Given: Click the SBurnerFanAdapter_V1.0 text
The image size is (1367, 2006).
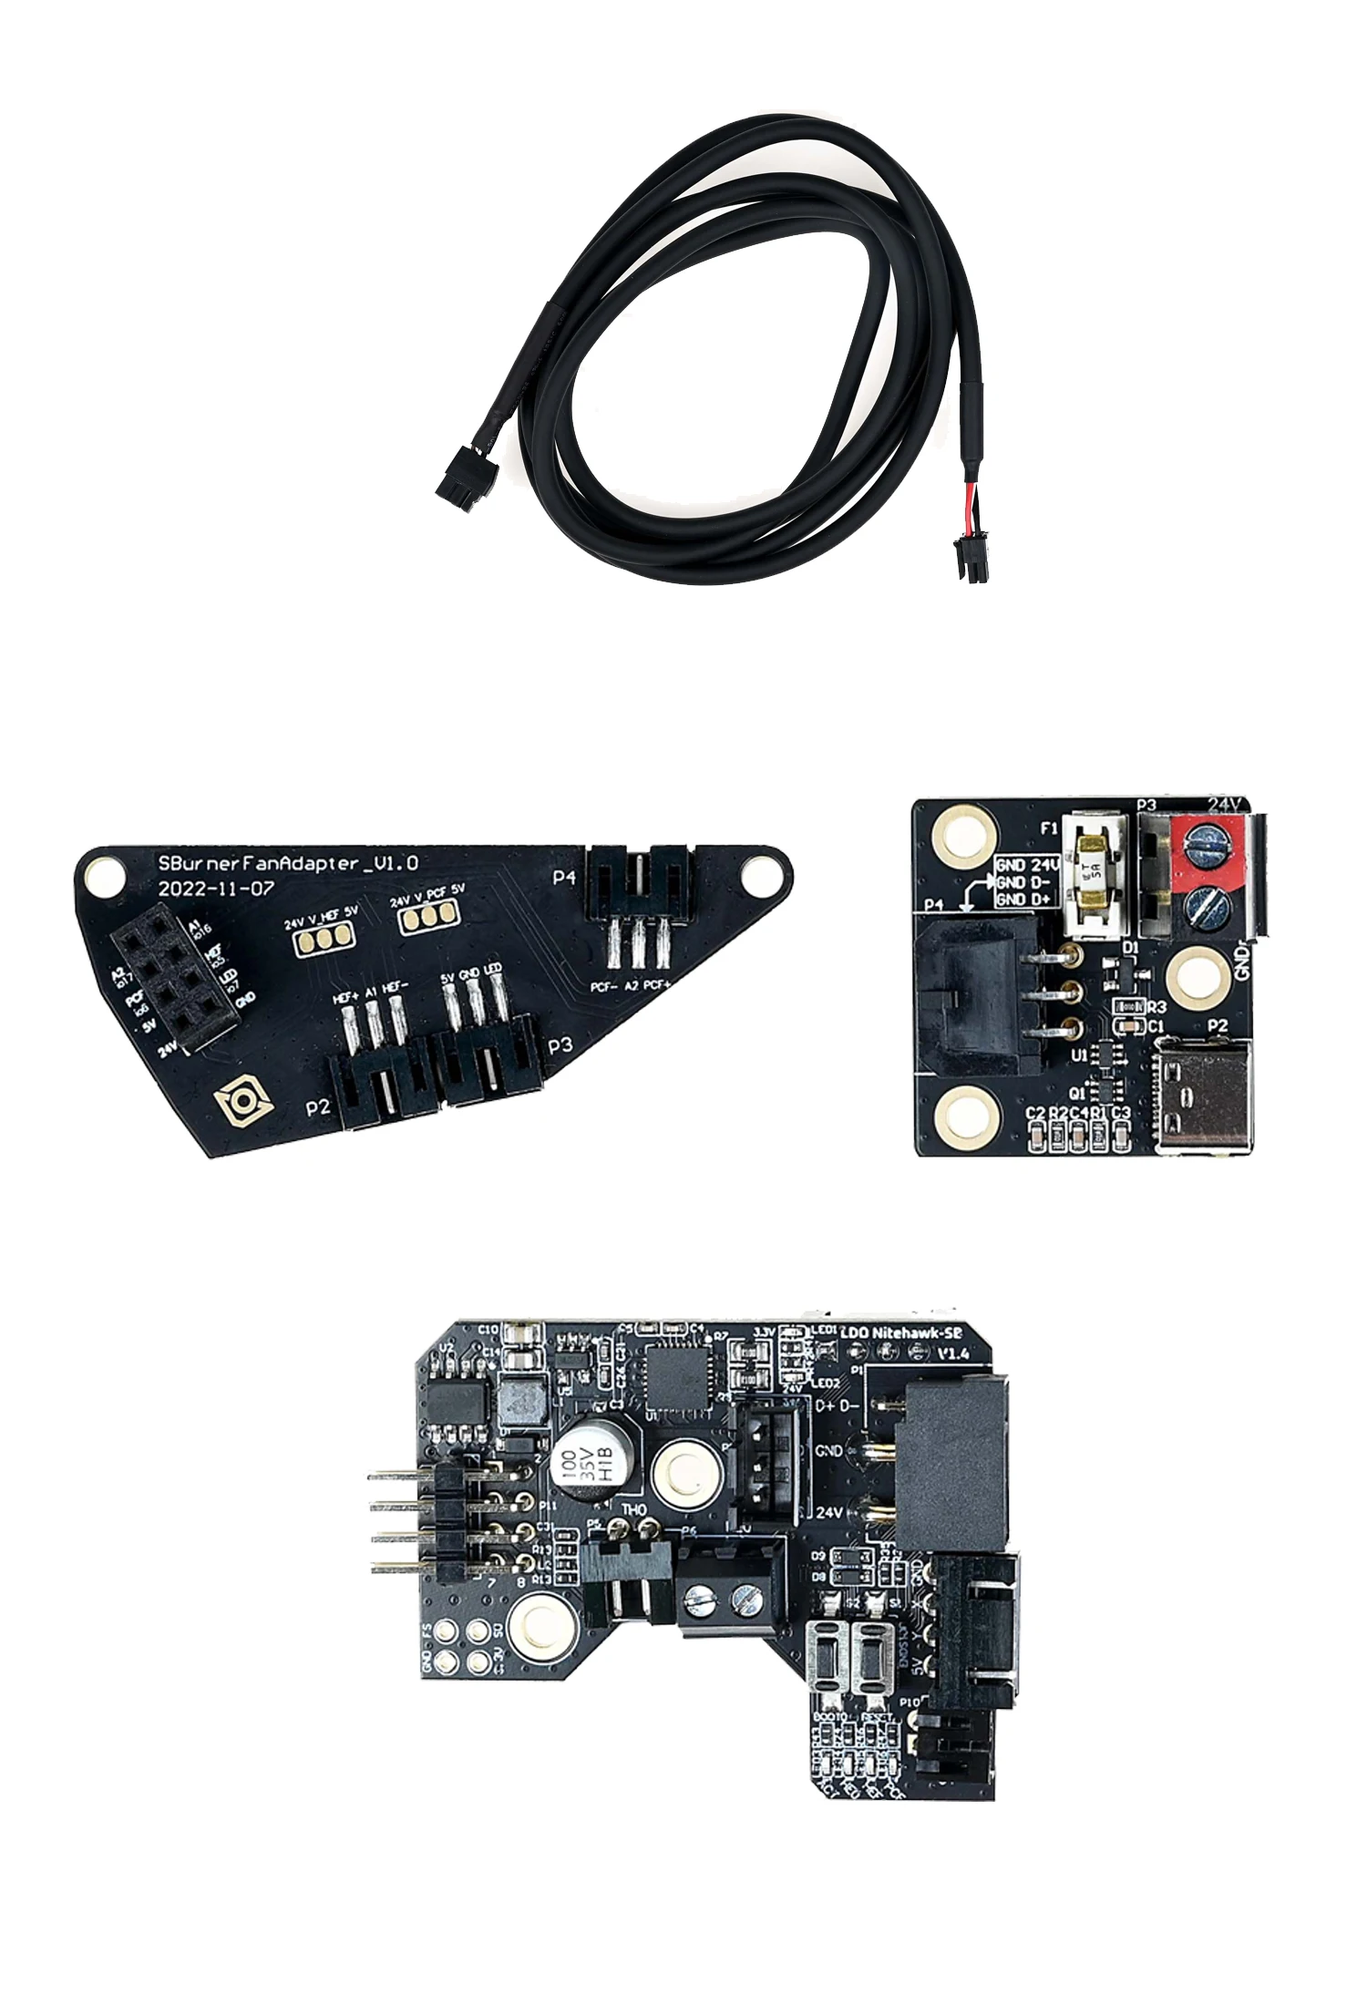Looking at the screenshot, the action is coord(288,863).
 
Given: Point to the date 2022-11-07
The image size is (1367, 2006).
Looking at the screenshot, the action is coord(216,889).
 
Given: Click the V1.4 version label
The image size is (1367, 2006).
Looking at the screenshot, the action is coord(953,1353).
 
